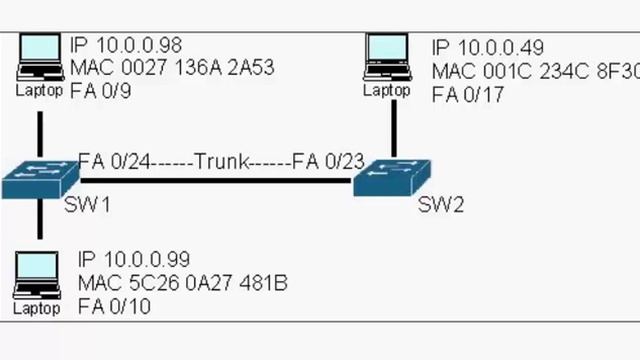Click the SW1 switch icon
(x=40, y=178)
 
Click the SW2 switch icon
(x=394, y=178)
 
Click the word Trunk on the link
(x=221, y=160)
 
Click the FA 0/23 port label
(x=328, y=160)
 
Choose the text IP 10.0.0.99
(x=134, y=261)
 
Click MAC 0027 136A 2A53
(x=172, y=68)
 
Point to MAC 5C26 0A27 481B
(x=182, y=284)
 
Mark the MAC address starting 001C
(x=534, y=72)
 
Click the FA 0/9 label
(x=97, y=90)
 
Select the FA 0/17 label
(x=467, y=95)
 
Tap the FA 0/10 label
(x=114, y=306)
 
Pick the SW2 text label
(x=441, y=206)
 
